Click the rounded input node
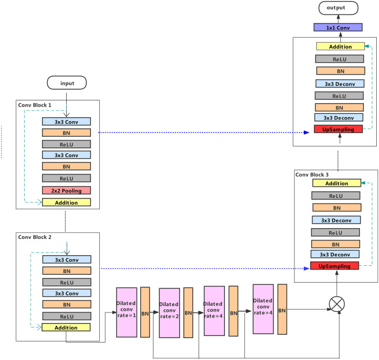[66, 84]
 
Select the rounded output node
[339, 8]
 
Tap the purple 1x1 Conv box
[338, 27]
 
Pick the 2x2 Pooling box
[66, 191]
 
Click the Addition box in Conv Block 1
[66, 202]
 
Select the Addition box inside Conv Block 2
[66, 326]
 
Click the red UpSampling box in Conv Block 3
[335, 265]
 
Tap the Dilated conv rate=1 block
[126, 312]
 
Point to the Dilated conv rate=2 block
[169, 312]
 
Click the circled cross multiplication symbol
[337, 303]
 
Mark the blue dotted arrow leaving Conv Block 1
[202, 133]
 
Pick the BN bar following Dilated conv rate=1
[145, 312]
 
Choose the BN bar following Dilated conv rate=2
[188, 312]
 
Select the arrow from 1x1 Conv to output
[338, 19]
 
